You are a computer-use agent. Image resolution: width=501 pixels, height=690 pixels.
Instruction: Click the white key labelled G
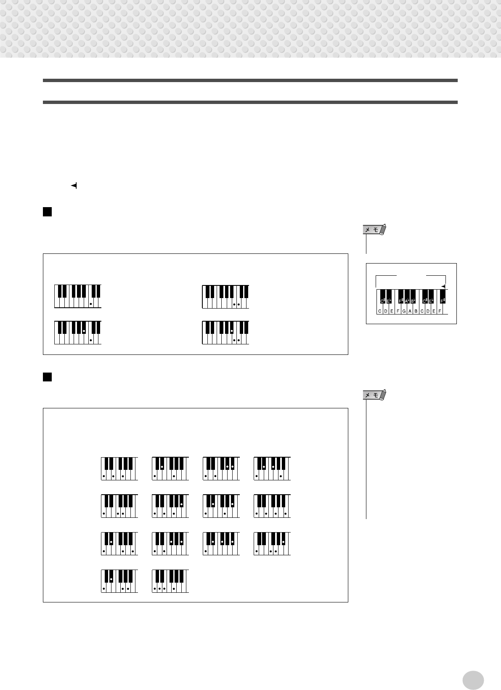404,311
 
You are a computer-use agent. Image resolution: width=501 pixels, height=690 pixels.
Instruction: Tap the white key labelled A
410,311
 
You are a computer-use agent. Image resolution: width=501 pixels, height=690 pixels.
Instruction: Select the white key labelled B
416,311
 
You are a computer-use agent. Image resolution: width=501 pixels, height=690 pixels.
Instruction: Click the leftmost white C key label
379,311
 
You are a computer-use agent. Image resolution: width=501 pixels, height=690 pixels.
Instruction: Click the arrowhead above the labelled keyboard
443,286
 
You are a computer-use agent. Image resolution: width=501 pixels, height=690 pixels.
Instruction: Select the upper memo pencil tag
374,230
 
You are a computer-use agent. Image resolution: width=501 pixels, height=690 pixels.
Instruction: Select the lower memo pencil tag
374,395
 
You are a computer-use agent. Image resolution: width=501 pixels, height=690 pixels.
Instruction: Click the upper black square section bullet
47,211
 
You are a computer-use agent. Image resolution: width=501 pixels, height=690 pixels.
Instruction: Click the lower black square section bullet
47,377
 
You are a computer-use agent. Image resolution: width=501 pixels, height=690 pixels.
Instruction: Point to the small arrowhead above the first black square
74,186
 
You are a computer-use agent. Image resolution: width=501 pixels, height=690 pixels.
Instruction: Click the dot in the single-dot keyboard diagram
90,304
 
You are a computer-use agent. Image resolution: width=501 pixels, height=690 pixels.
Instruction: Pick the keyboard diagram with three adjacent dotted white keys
170,581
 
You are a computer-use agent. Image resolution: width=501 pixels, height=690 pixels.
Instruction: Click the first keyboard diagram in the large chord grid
119,469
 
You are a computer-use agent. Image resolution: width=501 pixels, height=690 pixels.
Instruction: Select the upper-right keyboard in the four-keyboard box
225,296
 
